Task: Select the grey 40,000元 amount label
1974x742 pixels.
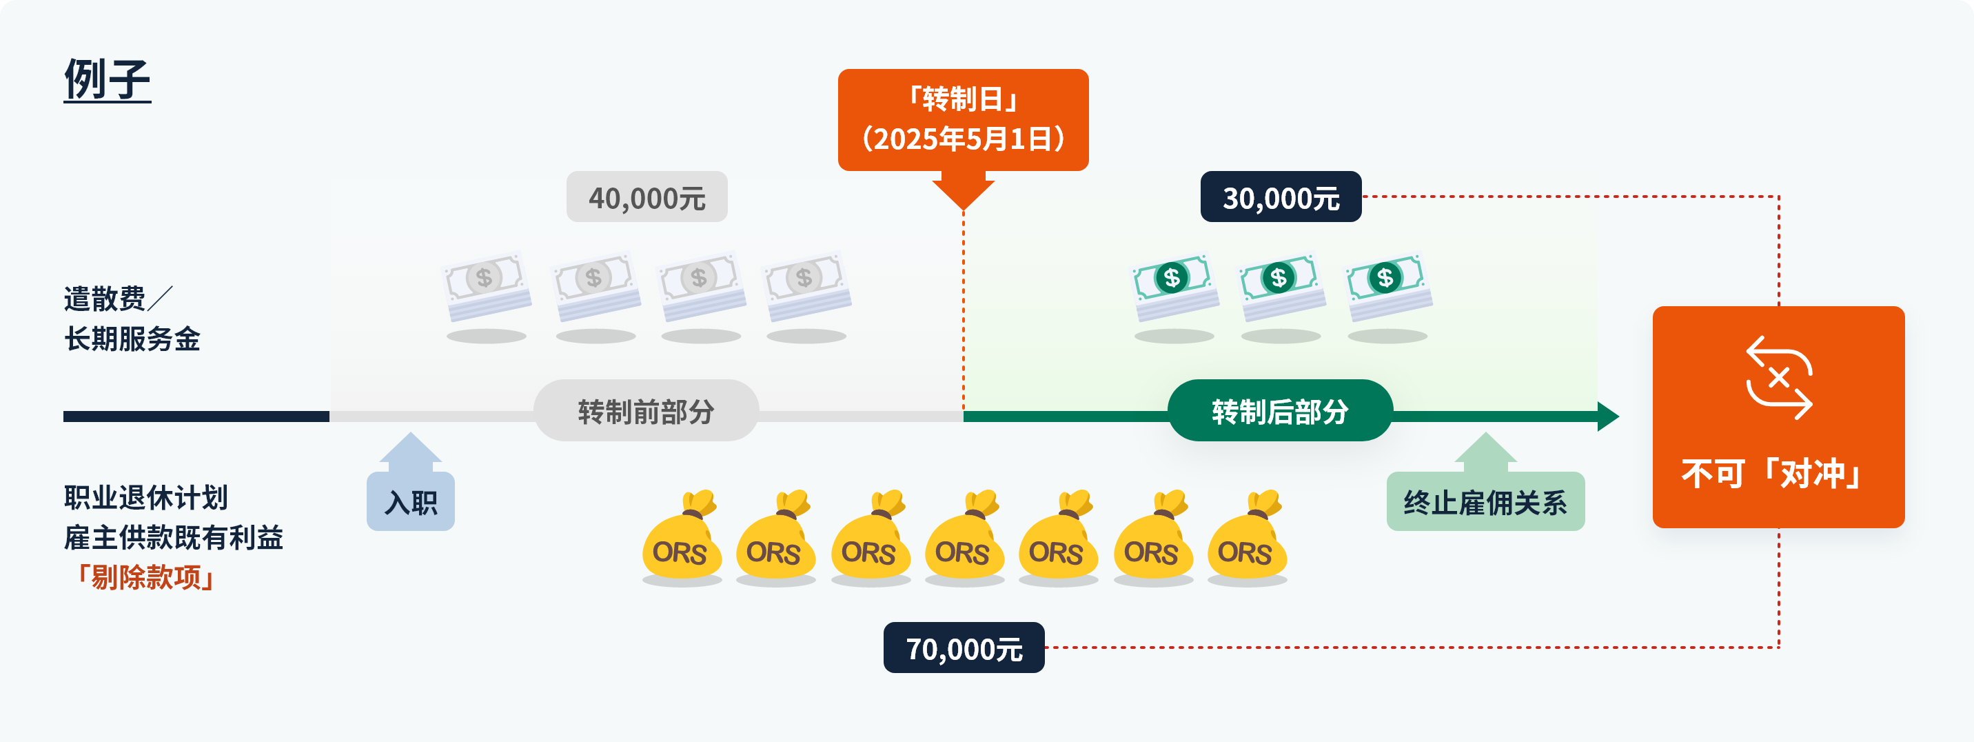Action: [x=647, y=197]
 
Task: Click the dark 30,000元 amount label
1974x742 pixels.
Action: [x=1281, y=197]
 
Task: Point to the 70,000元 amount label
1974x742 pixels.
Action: [x=964, y=648]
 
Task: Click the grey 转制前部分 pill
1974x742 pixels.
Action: [x=646, y=411]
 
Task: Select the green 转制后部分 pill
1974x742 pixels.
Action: [x=1280, y=411]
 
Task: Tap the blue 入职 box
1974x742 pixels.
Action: [x=411, y=501]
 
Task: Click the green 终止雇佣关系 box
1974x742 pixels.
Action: [x=1485, y=501]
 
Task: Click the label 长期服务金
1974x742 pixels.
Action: [x=132, y=339]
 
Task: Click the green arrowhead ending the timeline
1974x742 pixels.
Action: [x=1608, y=417]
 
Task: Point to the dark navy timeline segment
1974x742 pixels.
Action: [x=196, y=417]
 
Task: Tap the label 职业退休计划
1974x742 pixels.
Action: [x=145, y=497]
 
